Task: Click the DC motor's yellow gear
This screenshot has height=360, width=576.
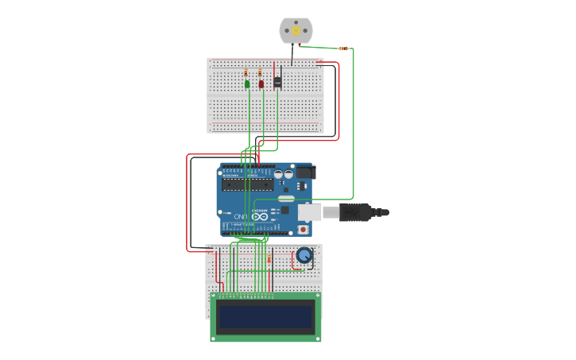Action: pos(296,30)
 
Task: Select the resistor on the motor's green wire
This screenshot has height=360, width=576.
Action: pos(342,48)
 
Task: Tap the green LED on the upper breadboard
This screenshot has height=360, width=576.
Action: pos(248,83)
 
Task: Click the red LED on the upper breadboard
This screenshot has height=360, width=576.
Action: pos(261,83)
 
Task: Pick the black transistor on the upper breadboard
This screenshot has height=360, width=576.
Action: pos(277,81)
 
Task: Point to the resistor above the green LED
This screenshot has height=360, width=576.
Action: pos(246,72)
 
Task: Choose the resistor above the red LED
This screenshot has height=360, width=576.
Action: pos(260,72)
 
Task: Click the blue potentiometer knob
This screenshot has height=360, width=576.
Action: pos(303,255)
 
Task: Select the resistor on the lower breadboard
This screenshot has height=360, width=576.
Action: pos(269,258)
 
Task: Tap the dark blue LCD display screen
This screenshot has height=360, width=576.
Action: pos(265,317)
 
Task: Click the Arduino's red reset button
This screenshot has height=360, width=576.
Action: pos(303,229)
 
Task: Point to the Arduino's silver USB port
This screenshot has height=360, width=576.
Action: pos(310,212)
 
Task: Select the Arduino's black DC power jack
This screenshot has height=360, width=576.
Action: pos(305,172)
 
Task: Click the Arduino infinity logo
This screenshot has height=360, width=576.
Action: pos(260,215)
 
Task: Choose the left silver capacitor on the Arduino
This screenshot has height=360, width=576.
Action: pos(280,172)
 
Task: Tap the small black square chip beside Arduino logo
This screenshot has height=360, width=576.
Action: pos(284,211)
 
